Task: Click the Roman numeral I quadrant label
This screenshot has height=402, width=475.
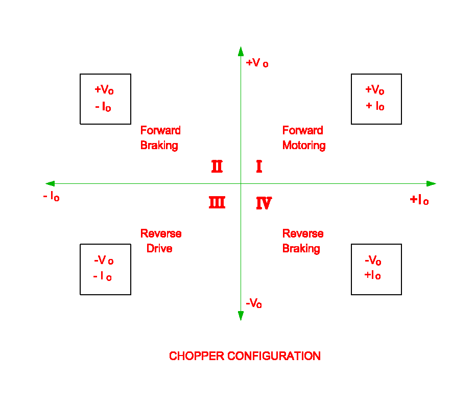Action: pyautogui.click(x=259, y=167)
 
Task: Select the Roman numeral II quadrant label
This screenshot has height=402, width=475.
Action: pyautogui.click(x=217, y=167)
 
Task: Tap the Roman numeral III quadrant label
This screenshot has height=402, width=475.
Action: pyautogui.click(x=217, y=203)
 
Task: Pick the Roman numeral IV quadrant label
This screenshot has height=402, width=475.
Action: pyautogui.click(x=264, y=204)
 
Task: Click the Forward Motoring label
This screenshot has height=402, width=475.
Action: pyautogui.click(x=304, y=138)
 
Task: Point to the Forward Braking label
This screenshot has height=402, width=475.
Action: pyautogui.click(x=160, y=138)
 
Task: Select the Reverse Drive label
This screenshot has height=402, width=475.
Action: pyautogui.click(x=161, y=241)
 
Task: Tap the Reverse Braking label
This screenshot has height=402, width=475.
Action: pyautogui.click(x=303, y=241)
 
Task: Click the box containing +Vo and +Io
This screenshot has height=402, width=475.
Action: pyautogui.click(x=376, y=99)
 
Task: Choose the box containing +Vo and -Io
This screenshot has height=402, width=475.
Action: pyautogui.click(x=105, y=99)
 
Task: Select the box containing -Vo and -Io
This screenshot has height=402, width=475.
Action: pyautogui.click(x=105, y=269)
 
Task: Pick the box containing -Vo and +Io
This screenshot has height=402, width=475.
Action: pyautogui.click(x=376, y=269)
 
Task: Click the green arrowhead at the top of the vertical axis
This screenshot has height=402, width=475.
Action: pyautogui.click(x=241, y=51)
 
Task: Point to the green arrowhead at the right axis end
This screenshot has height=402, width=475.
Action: pyautogui.click(x=431, y=184)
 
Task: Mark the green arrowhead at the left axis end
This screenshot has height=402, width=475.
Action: pyautogui.click(x=50, y=184)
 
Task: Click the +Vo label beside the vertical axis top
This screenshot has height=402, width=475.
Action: pyautogui.click(x=257, y=63)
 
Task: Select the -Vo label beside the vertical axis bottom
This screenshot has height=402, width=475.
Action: pyautogui.click(x=254, y=303)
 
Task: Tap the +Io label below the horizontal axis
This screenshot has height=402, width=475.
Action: pyautogui.click(x=419, y=200)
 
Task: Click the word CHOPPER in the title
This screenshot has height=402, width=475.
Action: pyautogui.click(x=196, y=356)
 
